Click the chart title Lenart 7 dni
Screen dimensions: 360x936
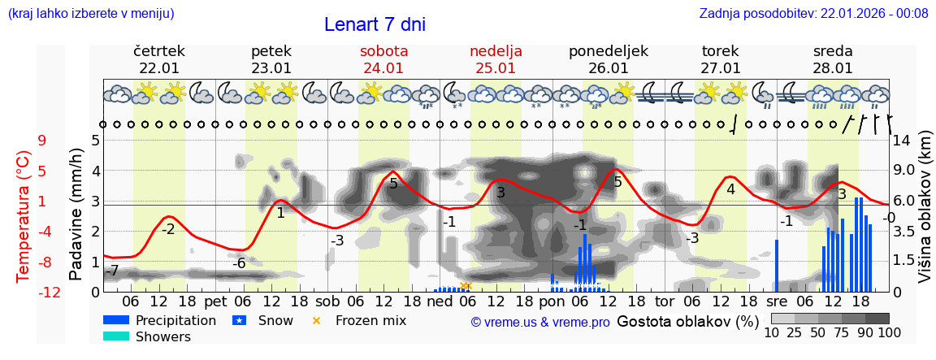tap(375, 24)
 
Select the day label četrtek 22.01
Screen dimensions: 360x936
tap(159, 59)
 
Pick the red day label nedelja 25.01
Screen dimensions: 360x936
tap(496, 59)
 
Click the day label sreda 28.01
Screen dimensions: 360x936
tap(833, 59)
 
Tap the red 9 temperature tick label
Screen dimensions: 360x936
tap(41, 141)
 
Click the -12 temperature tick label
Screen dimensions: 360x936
tap(50, 292)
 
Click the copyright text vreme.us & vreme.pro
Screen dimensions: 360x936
tap(540, 322)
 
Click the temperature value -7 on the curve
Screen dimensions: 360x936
tap(113, 270)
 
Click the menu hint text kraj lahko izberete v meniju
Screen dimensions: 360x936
tap(90, 13)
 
